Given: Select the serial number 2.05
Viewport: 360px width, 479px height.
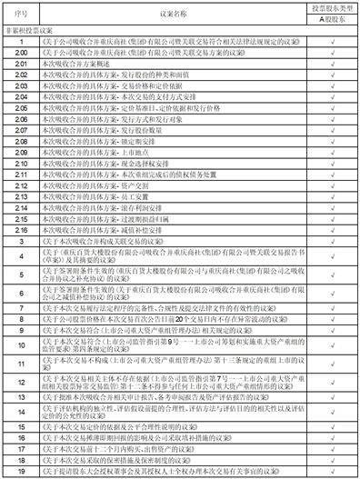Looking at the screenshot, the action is pos(19,105).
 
